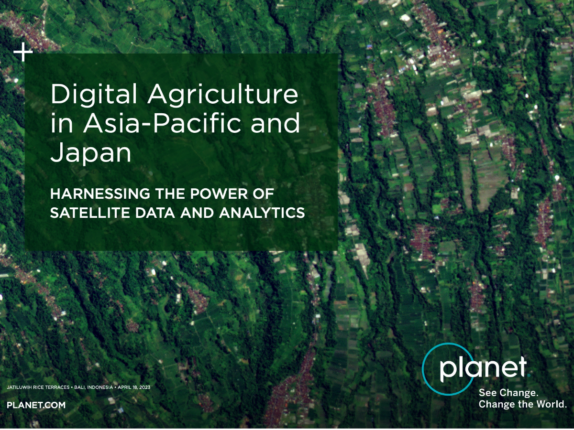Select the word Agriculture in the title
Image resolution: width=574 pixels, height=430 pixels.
click(223, 95)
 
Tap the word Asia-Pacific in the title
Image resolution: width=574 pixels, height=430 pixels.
click(162, 122)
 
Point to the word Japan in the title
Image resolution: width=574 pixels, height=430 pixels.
click(90, 152)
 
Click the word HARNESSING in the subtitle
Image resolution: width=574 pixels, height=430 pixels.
click(100, 193)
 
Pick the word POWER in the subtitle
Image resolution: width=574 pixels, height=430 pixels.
click(219, 193)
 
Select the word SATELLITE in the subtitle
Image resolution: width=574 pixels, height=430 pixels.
click(90, 213)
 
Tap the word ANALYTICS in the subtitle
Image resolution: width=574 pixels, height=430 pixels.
click(262, 213)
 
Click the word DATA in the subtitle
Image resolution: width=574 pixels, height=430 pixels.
click(155, 213)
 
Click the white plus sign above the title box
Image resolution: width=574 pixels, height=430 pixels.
click(23, 52)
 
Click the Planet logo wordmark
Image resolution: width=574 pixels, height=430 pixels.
click(483, 368)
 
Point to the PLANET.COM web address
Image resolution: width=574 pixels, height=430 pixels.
click(36, 405)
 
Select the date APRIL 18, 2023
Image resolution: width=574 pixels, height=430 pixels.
click(134, 387)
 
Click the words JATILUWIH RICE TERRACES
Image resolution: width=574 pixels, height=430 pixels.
click(38, 387)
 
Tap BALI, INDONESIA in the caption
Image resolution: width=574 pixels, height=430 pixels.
click(93, 387)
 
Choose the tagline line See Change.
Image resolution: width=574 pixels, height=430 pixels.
click(508, 393)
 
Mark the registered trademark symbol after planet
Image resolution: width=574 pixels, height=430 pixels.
click(529, 376)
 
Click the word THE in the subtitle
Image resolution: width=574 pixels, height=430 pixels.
click(170, 193)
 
